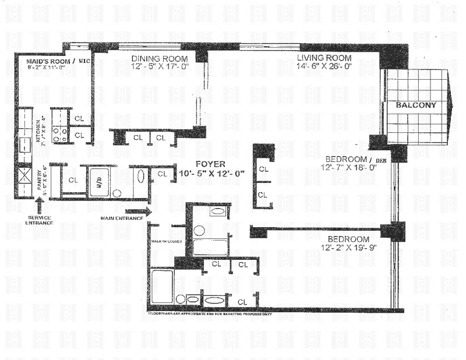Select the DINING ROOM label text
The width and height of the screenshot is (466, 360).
[159, 59]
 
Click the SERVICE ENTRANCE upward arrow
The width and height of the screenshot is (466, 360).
[39, 204]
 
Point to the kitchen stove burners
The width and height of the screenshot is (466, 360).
[61, 135]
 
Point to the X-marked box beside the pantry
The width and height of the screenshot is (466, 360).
[25, 177]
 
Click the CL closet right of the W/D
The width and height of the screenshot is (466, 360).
[162, 173]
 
